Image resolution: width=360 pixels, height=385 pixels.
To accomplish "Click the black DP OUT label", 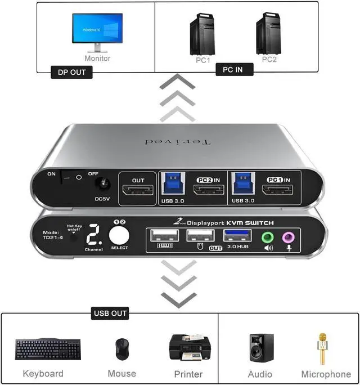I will point(72,72).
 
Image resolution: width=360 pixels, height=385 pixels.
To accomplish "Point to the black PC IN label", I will point(235,69).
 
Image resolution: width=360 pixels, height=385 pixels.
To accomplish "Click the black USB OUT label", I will point(110,313).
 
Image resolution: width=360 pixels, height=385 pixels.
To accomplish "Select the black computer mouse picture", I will point(121,349).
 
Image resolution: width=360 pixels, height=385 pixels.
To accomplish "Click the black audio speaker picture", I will point(261,347).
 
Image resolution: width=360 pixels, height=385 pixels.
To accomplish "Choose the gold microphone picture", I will point(323,347).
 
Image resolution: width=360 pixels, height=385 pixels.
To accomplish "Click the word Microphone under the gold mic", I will point(326,374).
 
